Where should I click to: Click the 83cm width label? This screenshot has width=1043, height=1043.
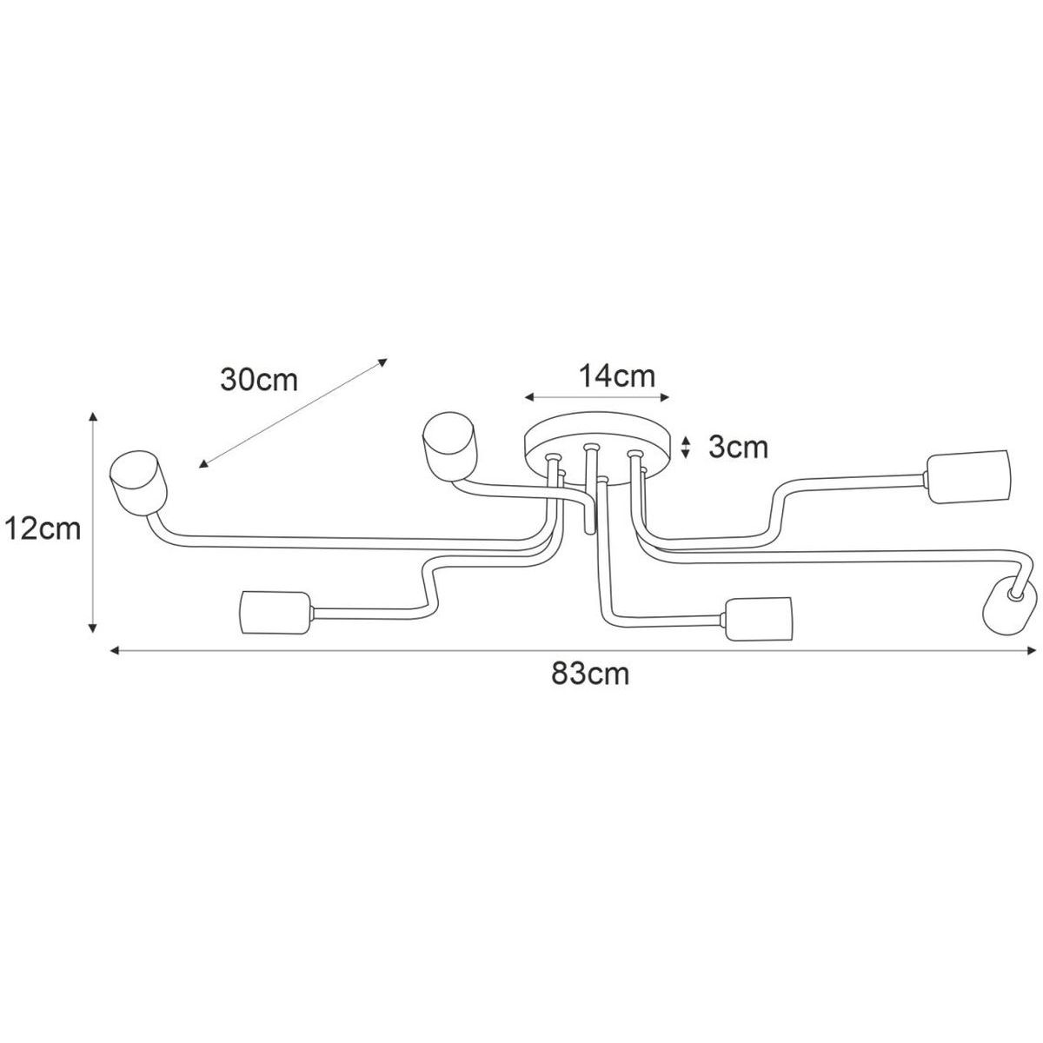(590, 674)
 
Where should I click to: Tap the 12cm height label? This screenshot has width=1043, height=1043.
(43, 528)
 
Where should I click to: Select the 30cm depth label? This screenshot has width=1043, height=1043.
(259, 381)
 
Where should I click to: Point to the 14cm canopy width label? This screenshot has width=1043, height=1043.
(617, 375)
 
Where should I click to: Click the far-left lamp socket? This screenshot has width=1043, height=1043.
(138, 483)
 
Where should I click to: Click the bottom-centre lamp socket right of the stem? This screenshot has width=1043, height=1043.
(758, 619)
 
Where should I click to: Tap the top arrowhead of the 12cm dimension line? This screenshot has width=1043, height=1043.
(93, 415)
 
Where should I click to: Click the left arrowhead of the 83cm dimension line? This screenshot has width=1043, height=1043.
(114, 650)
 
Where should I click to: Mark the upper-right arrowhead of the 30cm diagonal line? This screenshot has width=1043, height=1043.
(383, 362)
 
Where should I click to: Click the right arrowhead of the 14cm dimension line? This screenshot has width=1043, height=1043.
(666, 398)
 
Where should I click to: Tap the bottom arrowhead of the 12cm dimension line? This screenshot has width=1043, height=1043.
(93, 628)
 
